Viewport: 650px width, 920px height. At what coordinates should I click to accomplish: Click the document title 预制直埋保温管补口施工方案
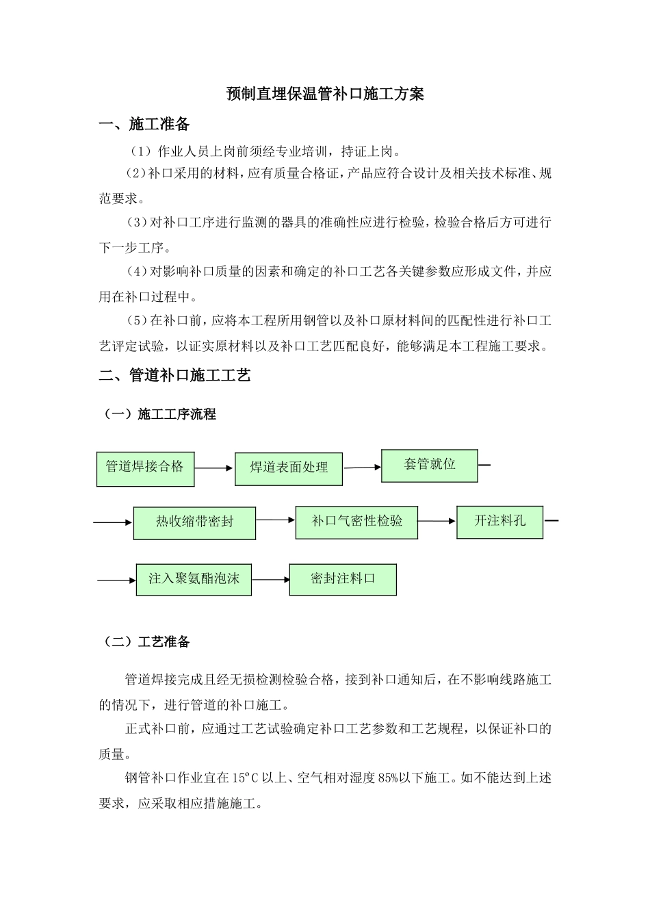[x=325, y=94]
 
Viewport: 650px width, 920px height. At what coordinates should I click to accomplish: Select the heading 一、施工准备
[x=144, y=125]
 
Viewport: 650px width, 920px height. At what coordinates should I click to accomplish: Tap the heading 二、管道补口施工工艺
[x=174, y=375]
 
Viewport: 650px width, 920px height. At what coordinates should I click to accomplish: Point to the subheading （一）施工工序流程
[x=158, y=414]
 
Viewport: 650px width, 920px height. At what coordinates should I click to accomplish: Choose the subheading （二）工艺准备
[x=145, y=642]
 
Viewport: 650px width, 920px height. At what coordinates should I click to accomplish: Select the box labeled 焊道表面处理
[x=289, y=468]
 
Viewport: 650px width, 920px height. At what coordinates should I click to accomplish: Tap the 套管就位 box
[x=429, y=465]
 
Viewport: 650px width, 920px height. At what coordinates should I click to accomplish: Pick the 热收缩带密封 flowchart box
[x=194, y=522]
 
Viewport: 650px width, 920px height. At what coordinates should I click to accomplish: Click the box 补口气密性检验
[x=356, y=522]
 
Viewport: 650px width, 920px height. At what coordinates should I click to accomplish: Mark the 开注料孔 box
[x=499, y=522]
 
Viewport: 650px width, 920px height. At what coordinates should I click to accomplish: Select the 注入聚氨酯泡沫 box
[x=194, y=579]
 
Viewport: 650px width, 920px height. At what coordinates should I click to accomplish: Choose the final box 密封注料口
[x=343, y=579]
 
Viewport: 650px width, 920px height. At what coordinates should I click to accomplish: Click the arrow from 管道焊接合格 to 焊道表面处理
[x=214, y=469]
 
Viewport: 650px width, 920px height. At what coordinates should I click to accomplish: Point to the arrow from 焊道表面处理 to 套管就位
[x=362, y=468]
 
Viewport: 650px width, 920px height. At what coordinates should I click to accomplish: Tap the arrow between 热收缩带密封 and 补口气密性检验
[x=276, y=520]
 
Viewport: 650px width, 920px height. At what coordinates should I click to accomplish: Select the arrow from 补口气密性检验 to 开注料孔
[x=437, y=521]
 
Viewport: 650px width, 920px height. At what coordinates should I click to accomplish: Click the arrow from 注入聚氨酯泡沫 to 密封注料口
[x=271, y=580]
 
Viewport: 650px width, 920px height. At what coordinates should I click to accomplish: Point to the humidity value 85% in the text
[x=388, y=778]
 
